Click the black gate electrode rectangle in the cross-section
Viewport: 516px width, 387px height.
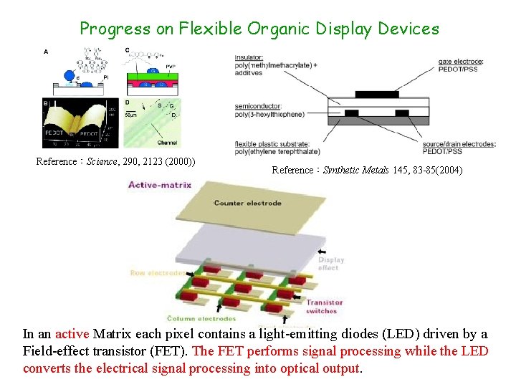[376, 93]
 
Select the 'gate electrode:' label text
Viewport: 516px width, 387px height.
[460, 62]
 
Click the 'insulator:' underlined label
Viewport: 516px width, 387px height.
[249, 57]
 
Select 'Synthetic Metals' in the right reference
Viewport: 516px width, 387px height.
[356, 171]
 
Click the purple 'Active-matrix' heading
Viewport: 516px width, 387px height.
[160, 184]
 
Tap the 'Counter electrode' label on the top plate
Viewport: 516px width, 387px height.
[247, 203]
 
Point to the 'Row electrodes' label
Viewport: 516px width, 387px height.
[156, 272]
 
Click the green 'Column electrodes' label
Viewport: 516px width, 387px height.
[201, 318]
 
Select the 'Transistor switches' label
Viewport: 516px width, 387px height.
[325, 306]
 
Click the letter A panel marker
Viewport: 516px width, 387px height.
[47, 51]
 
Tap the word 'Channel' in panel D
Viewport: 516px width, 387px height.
[167, 143]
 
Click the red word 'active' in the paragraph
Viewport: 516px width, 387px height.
[72, 333]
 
